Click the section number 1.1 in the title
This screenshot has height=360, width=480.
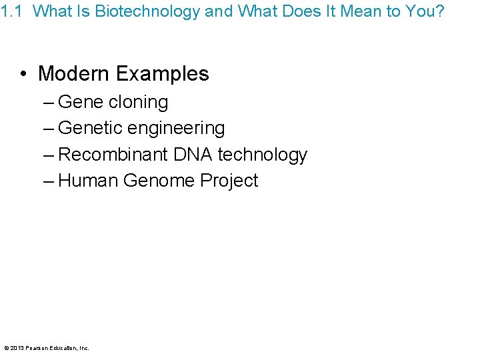pos(11,11)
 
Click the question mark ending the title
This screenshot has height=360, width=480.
pos(439,11)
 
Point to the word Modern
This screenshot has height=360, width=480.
pos(72,73)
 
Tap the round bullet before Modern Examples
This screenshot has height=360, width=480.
pos(24,73)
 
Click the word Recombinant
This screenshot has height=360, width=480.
pos(113,155)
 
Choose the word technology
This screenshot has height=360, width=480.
pos(262,155)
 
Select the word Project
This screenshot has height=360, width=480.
pos(229,181)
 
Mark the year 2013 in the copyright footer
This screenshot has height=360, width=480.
pos(17,348)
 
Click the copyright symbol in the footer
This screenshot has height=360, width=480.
pos(6,348)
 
